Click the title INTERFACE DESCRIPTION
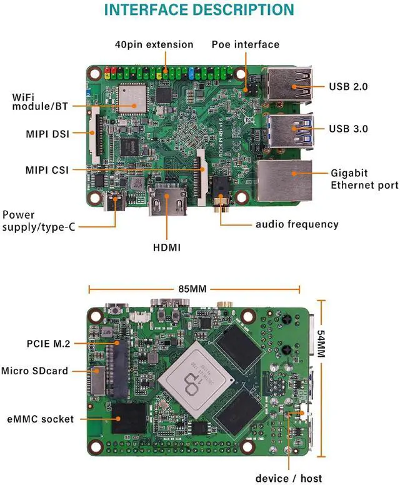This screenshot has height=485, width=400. coord(199,11)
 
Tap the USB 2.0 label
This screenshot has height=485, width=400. coord(348,87)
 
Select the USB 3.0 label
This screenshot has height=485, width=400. coord(348,129)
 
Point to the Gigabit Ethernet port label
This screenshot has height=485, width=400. coord(364,179)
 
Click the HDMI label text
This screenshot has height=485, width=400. coord(167,247)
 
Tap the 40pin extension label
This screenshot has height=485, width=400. coord(154,44)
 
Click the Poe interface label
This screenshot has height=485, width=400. coord(245,44)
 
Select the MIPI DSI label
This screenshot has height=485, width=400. coord(47,133)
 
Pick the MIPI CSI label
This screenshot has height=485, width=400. coord(47,169)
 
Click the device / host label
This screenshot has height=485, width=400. coord(293,478)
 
